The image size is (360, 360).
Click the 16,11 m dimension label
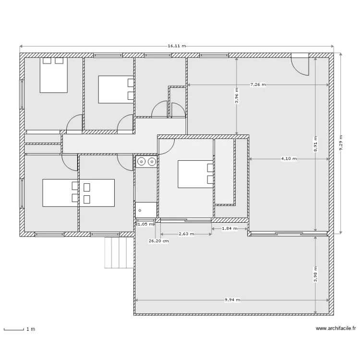[177, 46]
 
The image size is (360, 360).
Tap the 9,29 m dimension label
[341, 143]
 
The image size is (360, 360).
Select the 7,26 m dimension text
[258, 84]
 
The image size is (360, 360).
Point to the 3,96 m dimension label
[237, 96]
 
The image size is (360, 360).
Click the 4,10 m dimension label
[289, 159]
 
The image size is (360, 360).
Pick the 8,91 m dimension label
[315, 144]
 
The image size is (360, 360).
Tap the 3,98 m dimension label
[315, 274]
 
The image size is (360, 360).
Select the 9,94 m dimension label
[232, 300]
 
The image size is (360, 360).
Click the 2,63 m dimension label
[186, 234]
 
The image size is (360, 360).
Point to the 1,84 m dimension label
[229, 228]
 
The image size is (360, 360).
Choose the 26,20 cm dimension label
[159, 241]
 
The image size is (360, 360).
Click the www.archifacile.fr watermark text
[336, 328]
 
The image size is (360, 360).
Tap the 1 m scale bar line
[14, 330]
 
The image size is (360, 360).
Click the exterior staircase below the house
[119, 252]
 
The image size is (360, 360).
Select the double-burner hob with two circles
[146, 162]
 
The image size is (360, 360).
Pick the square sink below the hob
[146, 210]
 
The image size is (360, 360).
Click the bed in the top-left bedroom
[54, 75]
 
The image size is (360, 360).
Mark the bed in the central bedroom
[195, 174]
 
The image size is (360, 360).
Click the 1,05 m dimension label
[145, 224]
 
